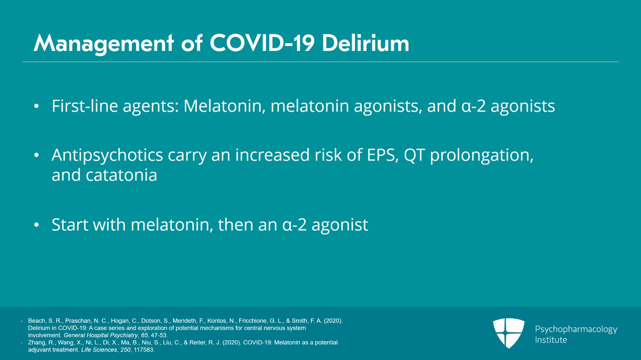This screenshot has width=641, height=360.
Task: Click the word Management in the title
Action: pos(104,43)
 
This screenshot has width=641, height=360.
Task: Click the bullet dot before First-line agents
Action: pos(36,107)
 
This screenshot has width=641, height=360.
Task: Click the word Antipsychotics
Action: pos(107,155)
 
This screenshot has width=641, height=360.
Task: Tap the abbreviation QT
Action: pos(414,155)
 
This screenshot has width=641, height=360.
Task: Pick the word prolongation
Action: pos(482,155)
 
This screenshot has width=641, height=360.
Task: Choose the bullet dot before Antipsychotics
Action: pos(36,155)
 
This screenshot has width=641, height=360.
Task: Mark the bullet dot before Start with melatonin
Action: pos(36,225)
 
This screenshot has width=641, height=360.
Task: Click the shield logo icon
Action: pos(508,333)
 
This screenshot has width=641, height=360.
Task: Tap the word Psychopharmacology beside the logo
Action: pos(576,329)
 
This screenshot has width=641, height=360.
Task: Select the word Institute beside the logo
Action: pos(551,340)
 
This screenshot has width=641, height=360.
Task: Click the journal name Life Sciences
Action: pos(99,350)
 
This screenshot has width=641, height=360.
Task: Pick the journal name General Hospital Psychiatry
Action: pos(101,335)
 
